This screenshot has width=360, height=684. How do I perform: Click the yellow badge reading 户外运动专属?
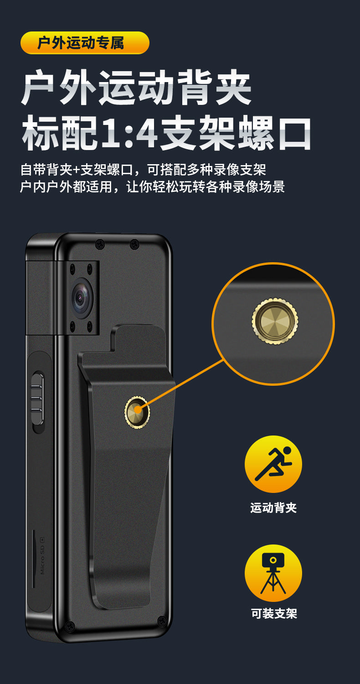(85, 43)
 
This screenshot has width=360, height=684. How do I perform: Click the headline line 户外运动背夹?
(136, 88)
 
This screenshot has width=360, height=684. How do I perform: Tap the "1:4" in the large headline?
(130, 133)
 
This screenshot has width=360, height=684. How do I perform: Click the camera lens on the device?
(82, 297)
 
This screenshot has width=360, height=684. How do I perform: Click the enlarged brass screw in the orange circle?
(275, 321)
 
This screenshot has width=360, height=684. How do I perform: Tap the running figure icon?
(273, 464)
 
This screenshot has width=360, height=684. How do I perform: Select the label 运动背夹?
(273, 508)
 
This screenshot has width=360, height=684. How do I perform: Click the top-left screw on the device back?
(99, 244)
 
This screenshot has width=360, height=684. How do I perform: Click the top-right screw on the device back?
(134, 244)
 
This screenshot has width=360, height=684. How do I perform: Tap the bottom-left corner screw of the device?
(70, 625)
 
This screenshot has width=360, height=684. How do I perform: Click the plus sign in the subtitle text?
(76, 170)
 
